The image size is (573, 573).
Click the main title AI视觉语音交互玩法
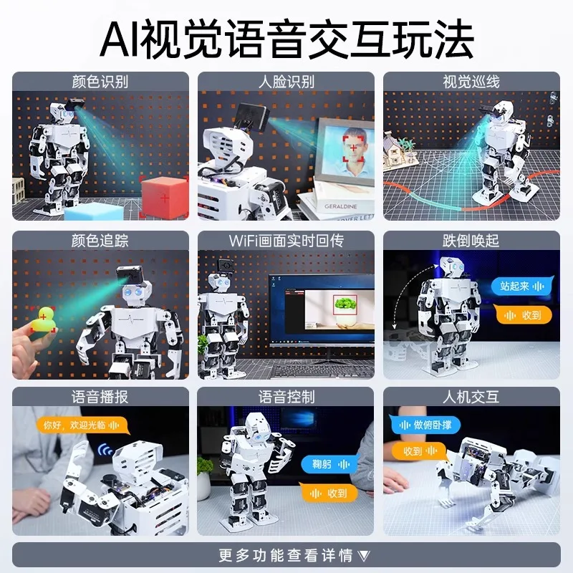286,39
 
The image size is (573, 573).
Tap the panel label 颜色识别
100,81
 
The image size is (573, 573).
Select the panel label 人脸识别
286,81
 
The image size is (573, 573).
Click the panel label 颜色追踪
100,240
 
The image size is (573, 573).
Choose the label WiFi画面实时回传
286,240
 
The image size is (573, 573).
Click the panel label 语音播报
100,397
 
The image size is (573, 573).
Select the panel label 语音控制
286,397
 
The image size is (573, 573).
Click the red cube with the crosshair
164,194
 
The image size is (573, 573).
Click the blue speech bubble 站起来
521,286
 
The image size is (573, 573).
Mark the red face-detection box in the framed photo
355,146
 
